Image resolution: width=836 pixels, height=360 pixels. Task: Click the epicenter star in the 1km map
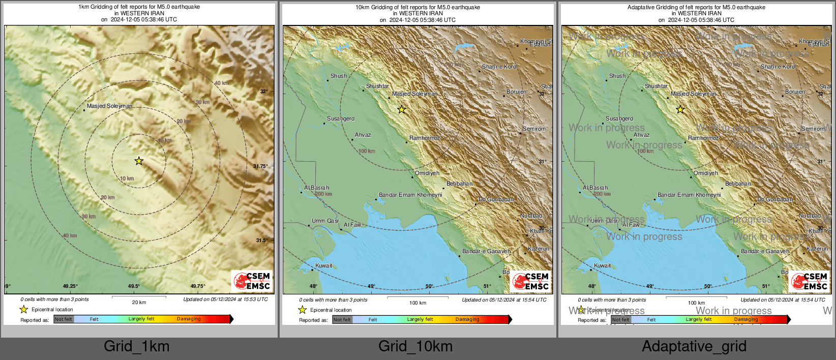tap(139, 161)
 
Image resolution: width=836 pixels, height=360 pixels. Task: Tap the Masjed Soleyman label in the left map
tap(109, 106)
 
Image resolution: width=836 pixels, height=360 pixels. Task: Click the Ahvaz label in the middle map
tap(363, 135)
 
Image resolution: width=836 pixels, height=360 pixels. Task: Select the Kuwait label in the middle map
tap(323, 265)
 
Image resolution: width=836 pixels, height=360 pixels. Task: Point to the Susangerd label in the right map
tap(619, 118)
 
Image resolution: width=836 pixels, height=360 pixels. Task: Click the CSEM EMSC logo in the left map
tap(252, 281)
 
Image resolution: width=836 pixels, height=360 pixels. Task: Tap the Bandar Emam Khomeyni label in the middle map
tap(410, 195)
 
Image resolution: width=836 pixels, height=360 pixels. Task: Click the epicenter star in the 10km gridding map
tap(402, 109)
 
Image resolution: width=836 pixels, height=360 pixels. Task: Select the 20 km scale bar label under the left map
tap(139, 303)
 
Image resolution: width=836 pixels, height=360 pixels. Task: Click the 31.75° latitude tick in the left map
tap(260, 166)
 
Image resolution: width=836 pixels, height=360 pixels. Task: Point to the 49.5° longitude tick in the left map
tap(133, 286)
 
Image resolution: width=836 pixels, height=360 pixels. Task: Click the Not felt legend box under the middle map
tap(342, 320)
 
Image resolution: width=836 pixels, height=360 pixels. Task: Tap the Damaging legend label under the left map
tap(189, 319)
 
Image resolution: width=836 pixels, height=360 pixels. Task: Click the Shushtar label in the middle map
tap(377, 86)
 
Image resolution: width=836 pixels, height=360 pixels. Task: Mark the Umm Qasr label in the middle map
tap(325, 221)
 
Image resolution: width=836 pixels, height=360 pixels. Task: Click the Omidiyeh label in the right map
tap(706, 173)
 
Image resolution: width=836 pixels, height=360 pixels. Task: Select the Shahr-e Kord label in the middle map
tap(499, 67)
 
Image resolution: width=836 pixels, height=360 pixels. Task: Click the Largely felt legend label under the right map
tap(699, 319)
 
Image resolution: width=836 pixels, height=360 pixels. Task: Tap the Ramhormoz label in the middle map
tap(425, 138)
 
